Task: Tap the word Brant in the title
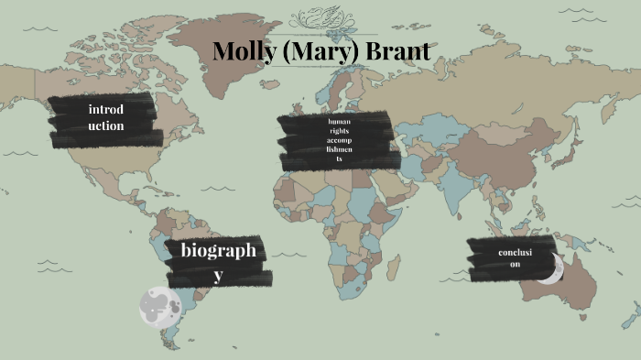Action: click(x=397, y=51)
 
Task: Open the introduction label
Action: click(x=106, y=118)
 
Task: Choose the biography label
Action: click(x=217, y=260)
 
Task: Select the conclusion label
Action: click(x=516, y=258)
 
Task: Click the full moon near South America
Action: click(x=157, y=305)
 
